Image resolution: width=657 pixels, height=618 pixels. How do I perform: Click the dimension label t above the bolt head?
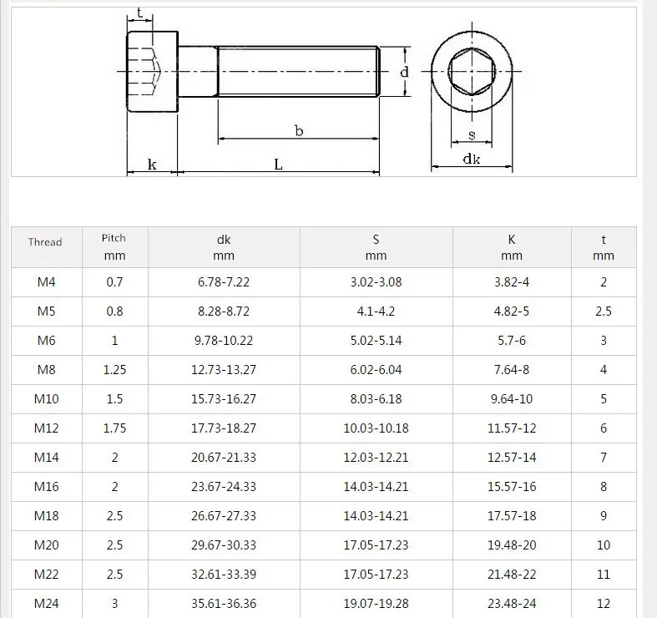(139, 13)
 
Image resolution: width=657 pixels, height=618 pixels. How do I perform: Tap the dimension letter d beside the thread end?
(404, 72)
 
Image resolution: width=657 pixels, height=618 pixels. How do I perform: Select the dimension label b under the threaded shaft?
(299, 131)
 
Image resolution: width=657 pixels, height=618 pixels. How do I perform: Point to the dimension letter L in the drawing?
(278, 165)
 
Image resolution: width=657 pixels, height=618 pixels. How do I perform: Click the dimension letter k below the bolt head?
(152, 165)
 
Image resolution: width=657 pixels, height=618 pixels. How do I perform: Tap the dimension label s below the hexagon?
(472, 135)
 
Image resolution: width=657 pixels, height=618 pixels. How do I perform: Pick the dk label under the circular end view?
(472, 159)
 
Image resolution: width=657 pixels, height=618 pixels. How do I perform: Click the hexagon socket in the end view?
(472, 71)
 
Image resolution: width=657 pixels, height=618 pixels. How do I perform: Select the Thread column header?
(45, 242)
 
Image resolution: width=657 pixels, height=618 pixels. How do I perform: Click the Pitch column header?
(114, 238)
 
